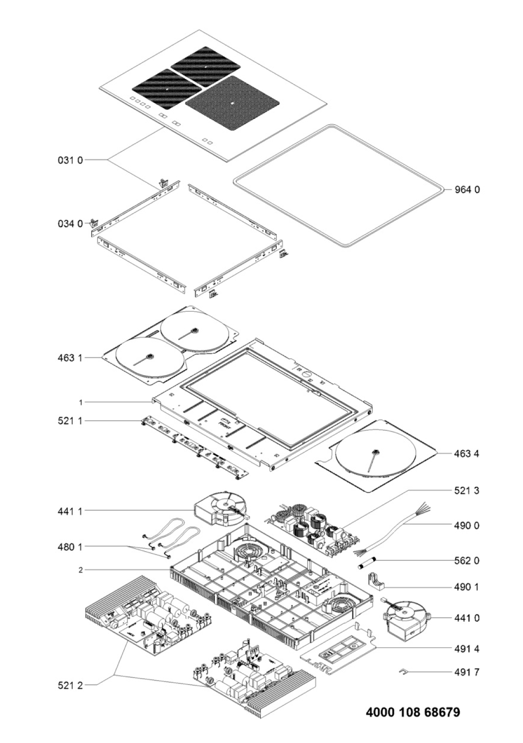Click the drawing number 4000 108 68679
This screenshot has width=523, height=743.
coord(413,713)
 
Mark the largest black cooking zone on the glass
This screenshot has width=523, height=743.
coord(232,103)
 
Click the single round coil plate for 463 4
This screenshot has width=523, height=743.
coord(376,453)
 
